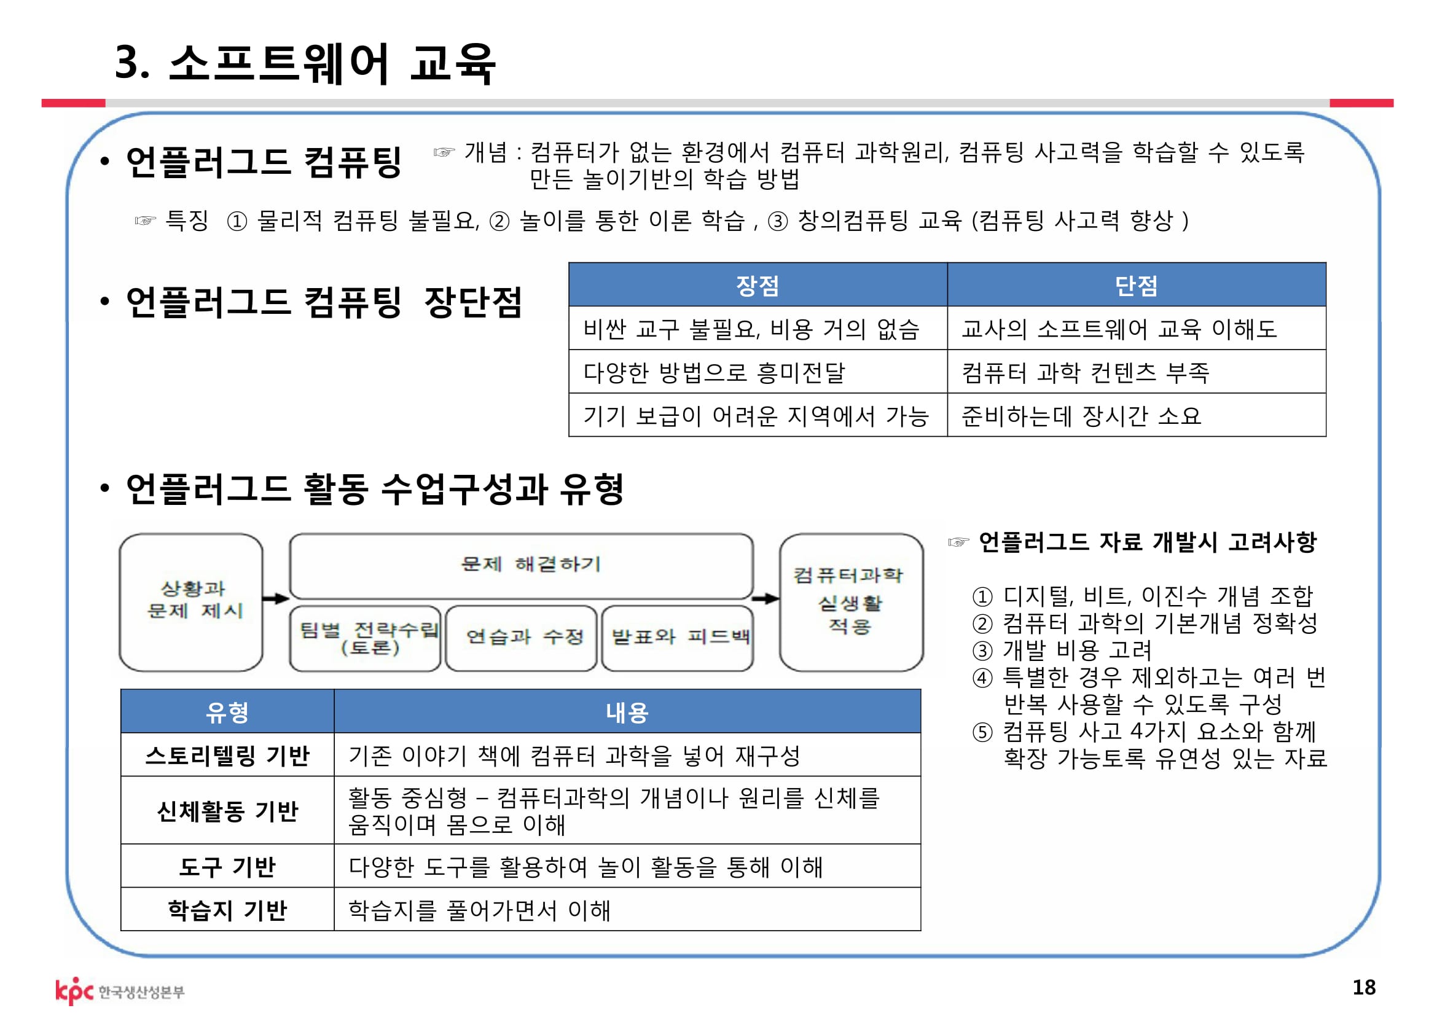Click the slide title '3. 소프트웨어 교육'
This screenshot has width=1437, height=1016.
[x=305, y=63]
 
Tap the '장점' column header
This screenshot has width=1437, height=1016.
[x=758, y=285]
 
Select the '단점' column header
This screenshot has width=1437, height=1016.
[x=1136, y=285]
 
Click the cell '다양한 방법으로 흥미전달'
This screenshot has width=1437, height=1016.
[x=714, y=372]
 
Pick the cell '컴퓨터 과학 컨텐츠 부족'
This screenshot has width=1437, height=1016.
[x=1085, y=372]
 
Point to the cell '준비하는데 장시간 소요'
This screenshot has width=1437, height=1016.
[x=1081, y=415]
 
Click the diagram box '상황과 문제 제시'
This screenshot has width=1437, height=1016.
[x=192, y=601]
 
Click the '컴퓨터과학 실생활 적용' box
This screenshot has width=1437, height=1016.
[x=850, y=601]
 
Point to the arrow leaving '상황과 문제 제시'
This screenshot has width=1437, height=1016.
[x=275, y=599]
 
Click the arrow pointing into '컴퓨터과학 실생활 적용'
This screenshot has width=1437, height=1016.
[x=765, y=599]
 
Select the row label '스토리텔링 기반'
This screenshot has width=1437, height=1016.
[x=227, y=755]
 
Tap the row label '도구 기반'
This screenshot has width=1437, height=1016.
[x=227, y=867]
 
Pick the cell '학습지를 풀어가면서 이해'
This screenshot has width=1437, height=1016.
[x=479, y=910]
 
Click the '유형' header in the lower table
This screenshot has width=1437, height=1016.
[x=227, y=712]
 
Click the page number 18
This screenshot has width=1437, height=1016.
[x=1364, y=987]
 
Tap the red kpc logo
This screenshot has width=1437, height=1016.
[x=74, y=990]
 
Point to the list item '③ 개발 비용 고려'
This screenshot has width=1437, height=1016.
[x=1062, y=650]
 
